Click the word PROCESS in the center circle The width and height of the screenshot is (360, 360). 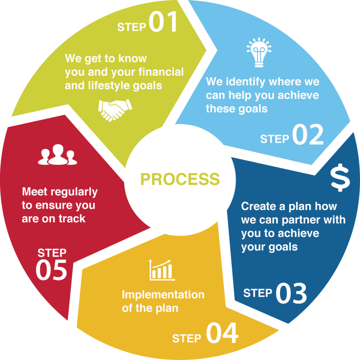click(180, 179)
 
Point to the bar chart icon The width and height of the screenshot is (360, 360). click(162, 270)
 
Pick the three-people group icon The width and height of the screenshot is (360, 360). click(56, 156)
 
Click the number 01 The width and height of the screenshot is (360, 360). click(163, 22)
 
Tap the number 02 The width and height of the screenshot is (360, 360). click(308, 135)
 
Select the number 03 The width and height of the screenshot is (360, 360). click(291, 294)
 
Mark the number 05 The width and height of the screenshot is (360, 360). click(51, 270)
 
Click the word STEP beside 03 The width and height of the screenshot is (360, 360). click(258, 293)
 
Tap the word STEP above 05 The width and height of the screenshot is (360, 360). click(52, 253)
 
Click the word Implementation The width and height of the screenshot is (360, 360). click(163, 295)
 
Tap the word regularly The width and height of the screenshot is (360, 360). click(74, 192)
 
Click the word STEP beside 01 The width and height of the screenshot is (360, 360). click(131, 27)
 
